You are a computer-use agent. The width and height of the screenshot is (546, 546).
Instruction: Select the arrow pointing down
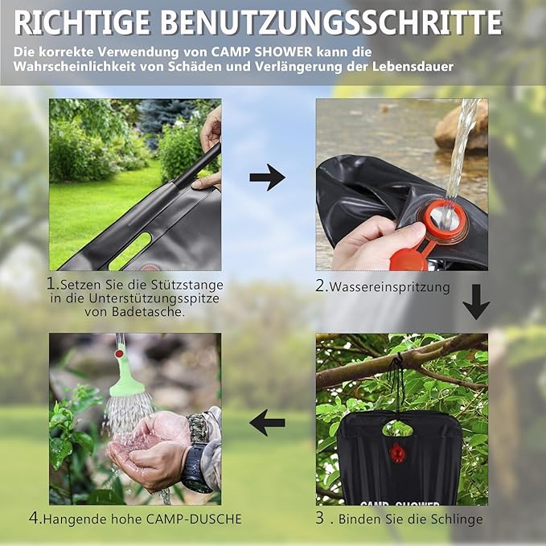(x=476, y=302)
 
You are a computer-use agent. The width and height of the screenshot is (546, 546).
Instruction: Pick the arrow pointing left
(x=267, y=421)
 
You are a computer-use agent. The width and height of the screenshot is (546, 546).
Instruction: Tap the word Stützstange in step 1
(x=186, y=285)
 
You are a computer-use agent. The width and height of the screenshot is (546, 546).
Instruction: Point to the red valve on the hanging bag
(x=398, y=453)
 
